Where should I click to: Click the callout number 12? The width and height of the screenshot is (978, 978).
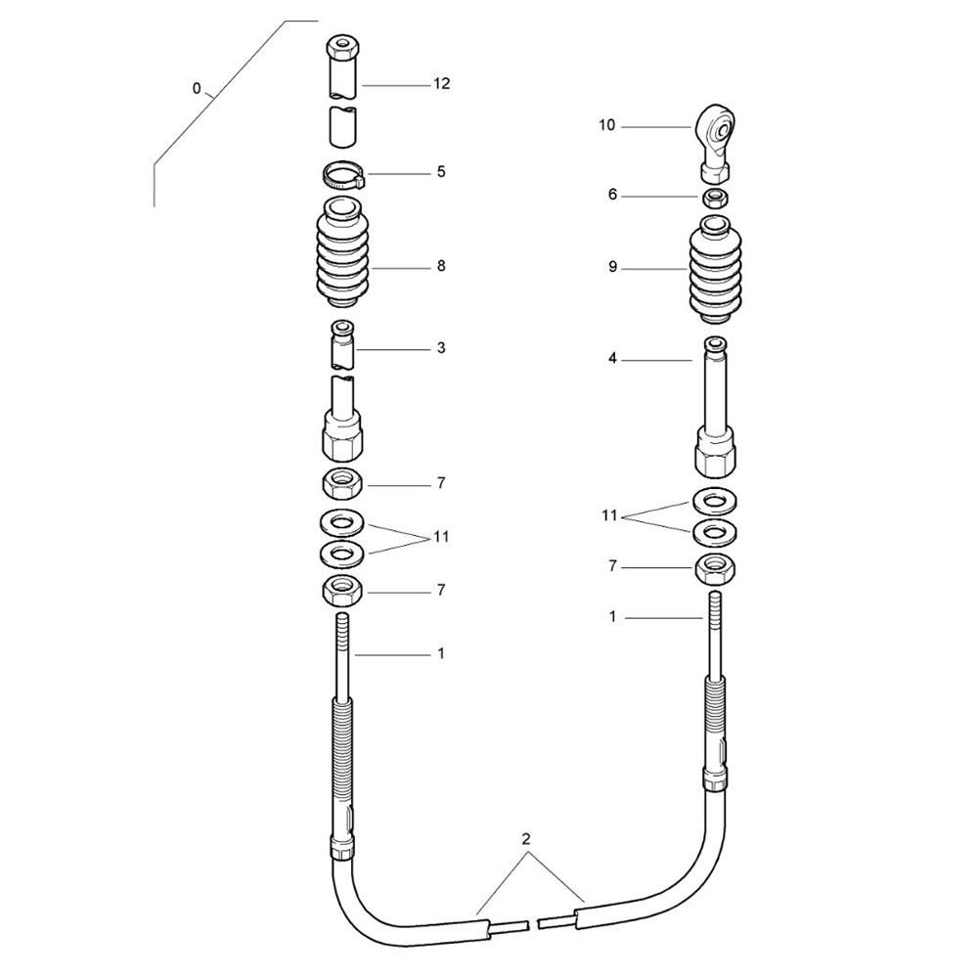click(x=442, y=83)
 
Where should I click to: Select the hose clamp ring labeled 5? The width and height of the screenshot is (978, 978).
click(x=343, y=176)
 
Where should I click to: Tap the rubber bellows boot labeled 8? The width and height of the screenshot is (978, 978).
click(x=343, y=252)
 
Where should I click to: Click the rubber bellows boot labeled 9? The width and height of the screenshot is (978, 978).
click(x=716, y=269)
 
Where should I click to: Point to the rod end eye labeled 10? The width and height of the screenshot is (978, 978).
click(x=716, y=143)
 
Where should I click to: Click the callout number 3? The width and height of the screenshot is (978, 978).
click(x=441, y=347)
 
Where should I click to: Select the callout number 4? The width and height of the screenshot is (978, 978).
click(x=612, y=359)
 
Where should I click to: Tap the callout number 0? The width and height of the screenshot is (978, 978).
click(x=197, y=89)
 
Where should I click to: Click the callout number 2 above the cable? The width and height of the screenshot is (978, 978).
click(x=526, y=839)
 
